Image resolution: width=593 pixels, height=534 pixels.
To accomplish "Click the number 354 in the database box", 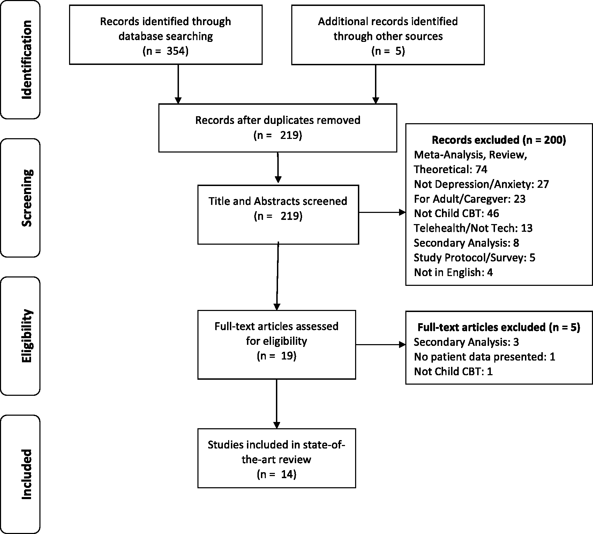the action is (x=177, y=51).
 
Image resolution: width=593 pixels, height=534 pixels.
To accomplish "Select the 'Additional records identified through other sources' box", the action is (x=388, y=35).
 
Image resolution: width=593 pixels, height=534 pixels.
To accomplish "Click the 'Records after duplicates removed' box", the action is (x=278, y=128).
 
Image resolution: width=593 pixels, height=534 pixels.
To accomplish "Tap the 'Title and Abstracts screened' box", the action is (x=278, y=214).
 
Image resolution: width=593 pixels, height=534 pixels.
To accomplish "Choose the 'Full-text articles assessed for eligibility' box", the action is (x=277, y=344).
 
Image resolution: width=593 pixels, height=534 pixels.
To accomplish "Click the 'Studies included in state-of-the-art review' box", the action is (x=277, y=458).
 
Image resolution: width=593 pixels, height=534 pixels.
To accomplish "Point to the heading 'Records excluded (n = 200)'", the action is (x=499, y=140).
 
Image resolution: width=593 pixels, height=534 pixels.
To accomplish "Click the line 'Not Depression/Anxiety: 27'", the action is (x=481, y=184).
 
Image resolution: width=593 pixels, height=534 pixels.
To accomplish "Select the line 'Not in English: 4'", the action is (x=453, y=272).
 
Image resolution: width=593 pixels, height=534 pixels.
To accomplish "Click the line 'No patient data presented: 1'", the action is (x=485, y=357).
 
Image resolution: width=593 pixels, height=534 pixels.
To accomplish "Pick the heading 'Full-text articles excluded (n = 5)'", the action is (x=499, y=327).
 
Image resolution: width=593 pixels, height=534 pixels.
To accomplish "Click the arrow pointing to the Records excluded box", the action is (x=382, y=212).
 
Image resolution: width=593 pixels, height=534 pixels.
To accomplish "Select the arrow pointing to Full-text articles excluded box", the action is (x=381, y=345).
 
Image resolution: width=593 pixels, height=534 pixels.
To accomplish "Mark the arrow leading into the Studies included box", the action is (x=277, y=404).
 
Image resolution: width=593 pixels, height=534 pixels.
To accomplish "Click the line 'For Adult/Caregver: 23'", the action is (x=470, y=199).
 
